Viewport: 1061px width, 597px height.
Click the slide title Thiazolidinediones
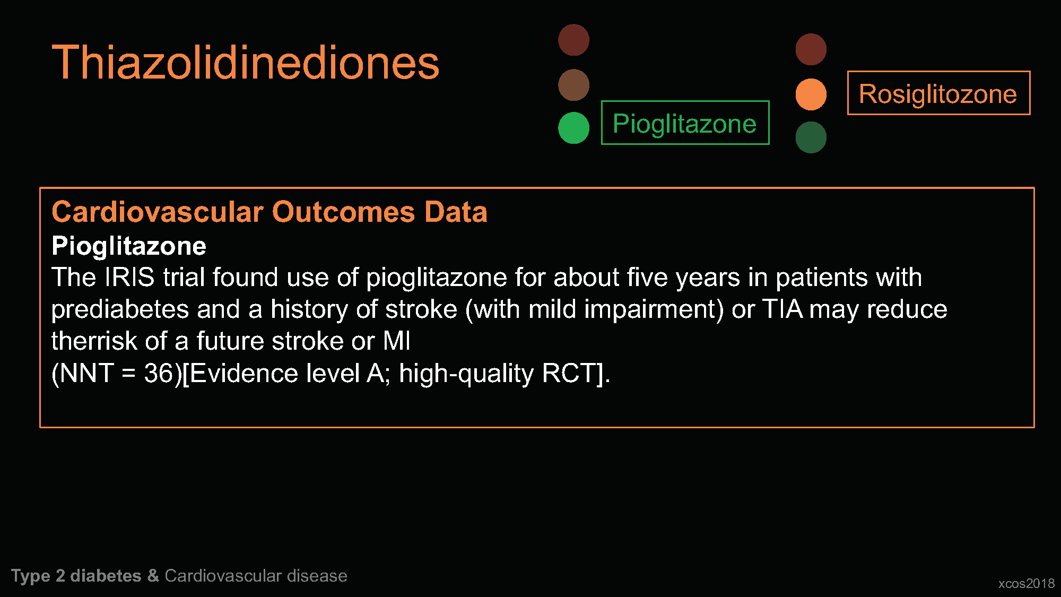point(246,63)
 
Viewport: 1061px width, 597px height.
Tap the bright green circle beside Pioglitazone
point(573,128)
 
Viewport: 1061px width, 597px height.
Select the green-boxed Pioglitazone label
point(685,123)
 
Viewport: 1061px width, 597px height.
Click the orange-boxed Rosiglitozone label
point(938,93)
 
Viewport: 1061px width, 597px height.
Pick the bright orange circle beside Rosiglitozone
point(811,94)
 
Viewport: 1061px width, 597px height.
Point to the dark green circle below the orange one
point(811,137)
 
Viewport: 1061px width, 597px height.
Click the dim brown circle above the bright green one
point(573,85)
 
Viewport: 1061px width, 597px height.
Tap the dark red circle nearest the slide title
point(573,40)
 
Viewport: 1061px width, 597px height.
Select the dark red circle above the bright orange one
point(811,49)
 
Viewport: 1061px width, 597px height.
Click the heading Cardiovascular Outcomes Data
point(269,212)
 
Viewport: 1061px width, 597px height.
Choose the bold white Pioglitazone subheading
point(129,246)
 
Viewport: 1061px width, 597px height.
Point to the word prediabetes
point(120,309)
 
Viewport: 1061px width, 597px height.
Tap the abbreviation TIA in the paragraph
point(782,309)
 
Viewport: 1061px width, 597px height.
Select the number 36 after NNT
point(159,373)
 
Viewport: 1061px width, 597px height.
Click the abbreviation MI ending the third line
point(397,341)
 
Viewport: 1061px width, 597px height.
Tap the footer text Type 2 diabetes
point(76,576)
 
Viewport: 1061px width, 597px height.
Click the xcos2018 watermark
point(1027,584)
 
